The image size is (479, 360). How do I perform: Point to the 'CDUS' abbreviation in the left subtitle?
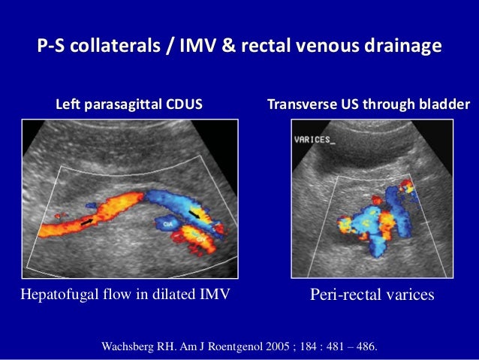[x=184, y=104]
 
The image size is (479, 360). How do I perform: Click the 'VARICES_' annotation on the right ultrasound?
[x=315, y=139]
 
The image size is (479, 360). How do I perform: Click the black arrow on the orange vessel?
[x=89, y=221]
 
